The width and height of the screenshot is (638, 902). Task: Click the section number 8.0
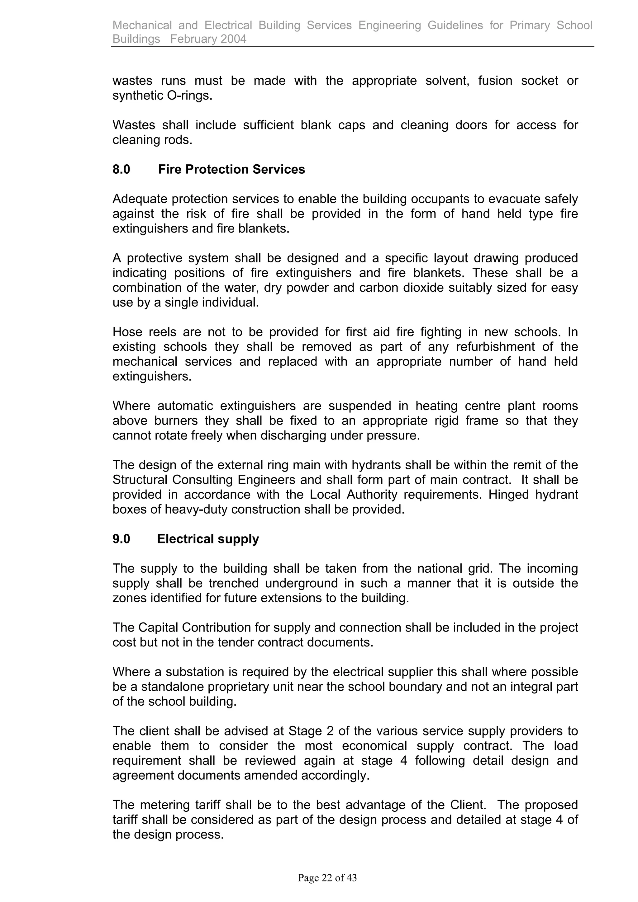[x=121, y=169]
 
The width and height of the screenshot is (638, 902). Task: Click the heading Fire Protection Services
[x=231, y=169]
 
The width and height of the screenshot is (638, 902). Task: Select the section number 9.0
[x=121, y=538]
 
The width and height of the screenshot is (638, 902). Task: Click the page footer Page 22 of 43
[x=327, y=878]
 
